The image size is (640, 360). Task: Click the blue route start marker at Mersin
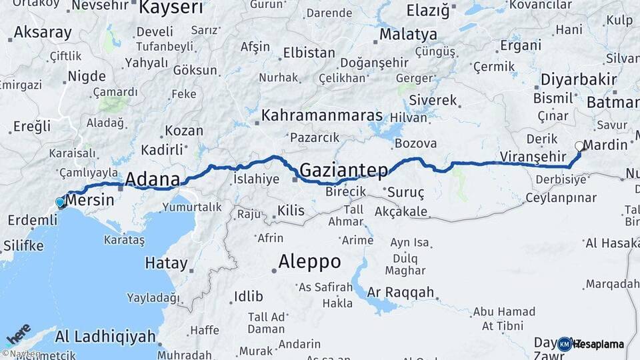click(60, 202)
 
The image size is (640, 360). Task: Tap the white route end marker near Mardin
click(579, 146)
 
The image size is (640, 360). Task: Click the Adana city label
click(153, 179)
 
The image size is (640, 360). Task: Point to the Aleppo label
click(310, 261)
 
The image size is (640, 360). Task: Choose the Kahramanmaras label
click(321, 115)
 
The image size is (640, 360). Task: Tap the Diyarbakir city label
click(578, 79)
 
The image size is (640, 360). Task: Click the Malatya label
click(408, 34)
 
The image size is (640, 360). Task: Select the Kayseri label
click(170, 7)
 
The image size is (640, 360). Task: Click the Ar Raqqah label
click(401, 292)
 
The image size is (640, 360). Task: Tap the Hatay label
click(166, 263)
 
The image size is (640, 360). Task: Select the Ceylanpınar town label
click(560, 198)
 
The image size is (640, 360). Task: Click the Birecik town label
click(345, 191)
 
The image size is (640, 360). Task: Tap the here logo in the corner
click(18, 334)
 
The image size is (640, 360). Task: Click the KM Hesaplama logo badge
click(591, 344)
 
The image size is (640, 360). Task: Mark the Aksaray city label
click(42, 32)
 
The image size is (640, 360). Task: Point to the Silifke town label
click(23, 245)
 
